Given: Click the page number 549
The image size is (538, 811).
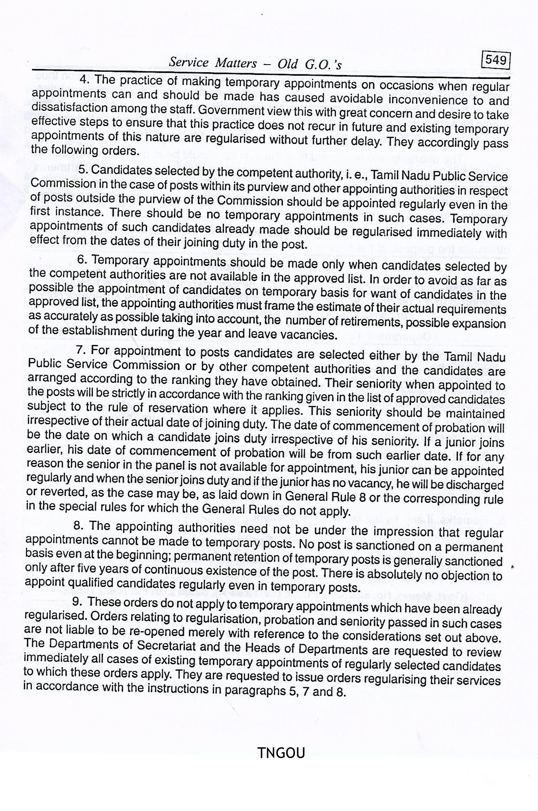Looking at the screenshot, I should coord(495,60).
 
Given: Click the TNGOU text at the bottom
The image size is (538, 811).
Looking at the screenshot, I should coord(281,752).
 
